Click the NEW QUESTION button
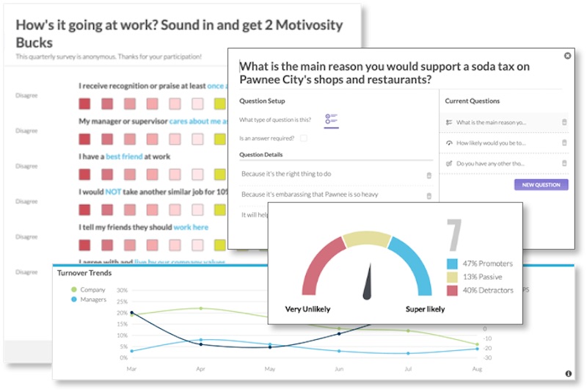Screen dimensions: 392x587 click(x=541, y=185)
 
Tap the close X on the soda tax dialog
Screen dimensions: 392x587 click(x=567, y=56)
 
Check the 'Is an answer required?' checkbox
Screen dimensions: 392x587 click(x=304, y=138)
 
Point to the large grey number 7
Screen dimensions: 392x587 click(x=454, y=236)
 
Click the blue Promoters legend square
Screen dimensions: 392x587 click(x=453, y=264)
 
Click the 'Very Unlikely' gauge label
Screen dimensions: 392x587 click(x=308, y=309)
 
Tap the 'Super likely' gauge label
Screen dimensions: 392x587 click(x=425, y=309)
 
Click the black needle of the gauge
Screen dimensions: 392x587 click(x=368, y=283)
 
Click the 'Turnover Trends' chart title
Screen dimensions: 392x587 click(x=84, y=273)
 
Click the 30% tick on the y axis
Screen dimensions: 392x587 click(x=122, y=290)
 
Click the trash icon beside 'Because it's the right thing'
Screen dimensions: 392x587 click(x=429, y=175)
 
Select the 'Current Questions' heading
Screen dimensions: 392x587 click(x=473, y=101)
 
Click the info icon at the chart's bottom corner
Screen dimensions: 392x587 click(x=568, y=374)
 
